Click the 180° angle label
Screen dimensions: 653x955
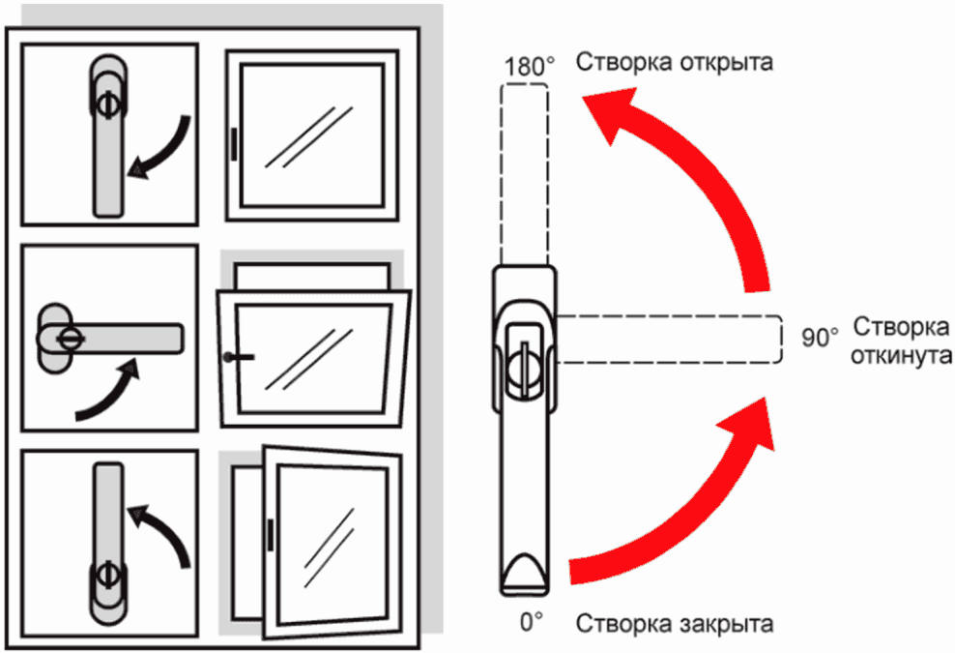click(x=530, y=68)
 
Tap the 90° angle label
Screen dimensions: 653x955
click(x=820, y=338)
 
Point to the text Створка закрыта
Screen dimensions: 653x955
click(x=675, y=622)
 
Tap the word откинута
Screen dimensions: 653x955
click(x=900, y=356)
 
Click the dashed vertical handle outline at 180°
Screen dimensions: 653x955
click(x=524, y=174)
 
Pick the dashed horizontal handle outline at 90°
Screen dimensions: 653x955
click(x=667, y=339)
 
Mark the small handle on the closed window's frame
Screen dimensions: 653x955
click(x=234, y=142)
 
